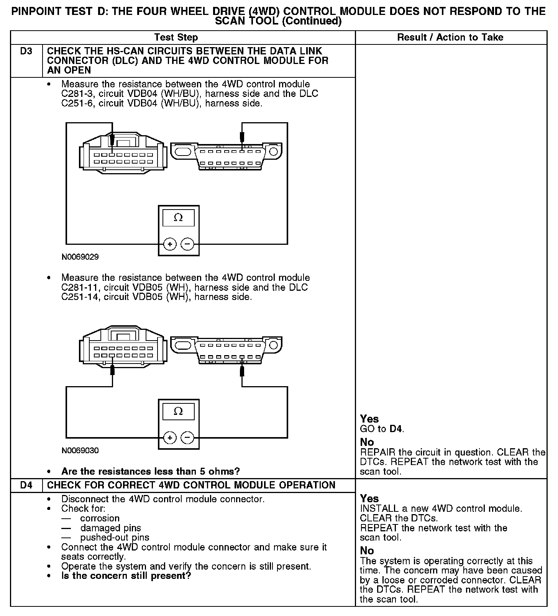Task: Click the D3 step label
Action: coord(26,51)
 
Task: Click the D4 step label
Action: coord(26,485)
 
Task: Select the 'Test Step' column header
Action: coord(176,37)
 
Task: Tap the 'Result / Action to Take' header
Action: coord(450,37)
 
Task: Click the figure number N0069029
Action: coord(80,257)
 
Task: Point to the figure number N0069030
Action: coord(80,451)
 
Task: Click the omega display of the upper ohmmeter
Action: coord(178,218)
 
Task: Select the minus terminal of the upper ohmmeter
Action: coord(187,244)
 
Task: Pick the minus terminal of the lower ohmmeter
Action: coord(187,437)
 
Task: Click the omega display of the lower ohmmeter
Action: coord(178,411)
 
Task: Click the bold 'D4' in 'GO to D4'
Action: coord(396,429)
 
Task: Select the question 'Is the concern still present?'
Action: coord(126,576)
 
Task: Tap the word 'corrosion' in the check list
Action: coord(100,518)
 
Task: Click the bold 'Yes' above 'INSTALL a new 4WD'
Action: coord(369,498)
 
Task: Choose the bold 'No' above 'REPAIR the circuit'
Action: coord(367,442)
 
